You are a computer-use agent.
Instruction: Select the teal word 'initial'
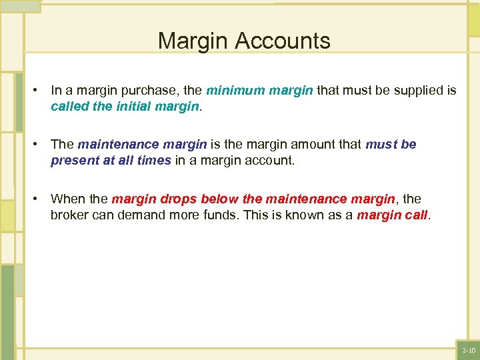pos(139,106)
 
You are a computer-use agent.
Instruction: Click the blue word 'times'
pos(153,161)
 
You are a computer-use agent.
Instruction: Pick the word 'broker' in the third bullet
pos(70,215)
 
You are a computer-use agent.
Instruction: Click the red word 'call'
pos(415,215)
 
